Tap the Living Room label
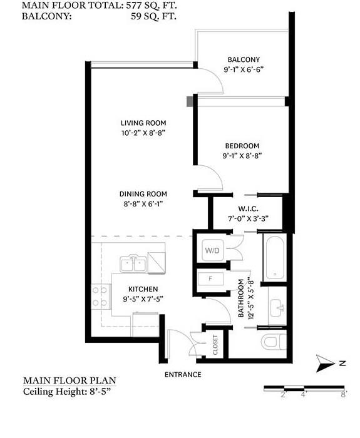pyautogui.click(x=143, y=123)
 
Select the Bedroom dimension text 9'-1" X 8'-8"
pyautogui.click(x=242, y=155)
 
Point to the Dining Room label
pyautogui.click(x=144, y=194)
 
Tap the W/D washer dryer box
pyautogui.click(x=212, y=250)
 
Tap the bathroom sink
pyautogui.click(x=277, y=307)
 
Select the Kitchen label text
pyautogui.click(x=143, y=289)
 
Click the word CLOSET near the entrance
pyautogui.click(x=215, y=344)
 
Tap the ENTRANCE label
pyautogui.click(x=183, y=375)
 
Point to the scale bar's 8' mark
pyautogui.click(x=343, y=394)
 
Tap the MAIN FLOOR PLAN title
pyautogui.click(x=69, y=380)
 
